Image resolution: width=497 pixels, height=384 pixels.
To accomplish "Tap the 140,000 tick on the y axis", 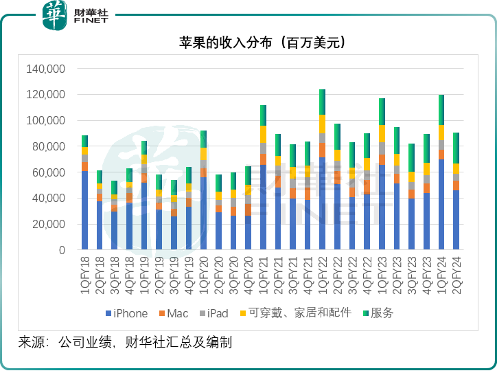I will pos(45,69).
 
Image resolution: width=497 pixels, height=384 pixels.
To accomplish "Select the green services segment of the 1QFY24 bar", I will pos(441,110).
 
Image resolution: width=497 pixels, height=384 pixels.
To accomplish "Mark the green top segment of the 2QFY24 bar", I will pos(456,148).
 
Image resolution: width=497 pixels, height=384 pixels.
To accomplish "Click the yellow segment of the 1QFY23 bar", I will pos(382,133).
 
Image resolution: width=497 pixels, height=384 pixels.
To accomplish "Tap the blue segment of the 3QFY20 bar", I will pos(233,234).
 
